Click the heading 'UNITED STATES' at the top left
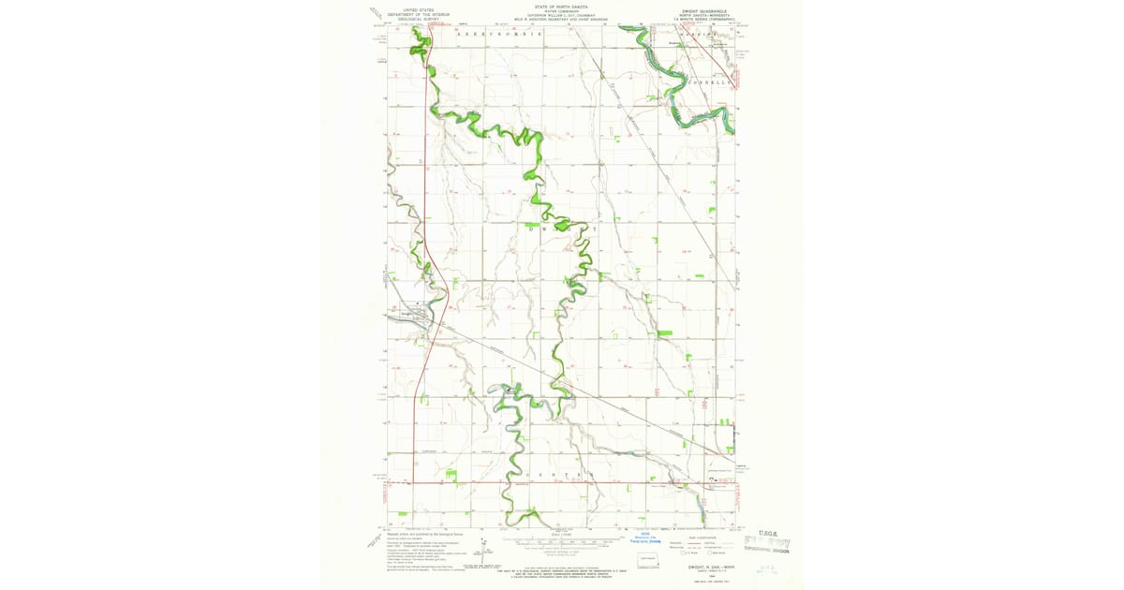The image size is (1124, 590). (x=419, y=9)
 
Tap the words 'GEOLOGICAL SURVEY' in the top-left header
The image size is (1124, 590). (x=419, y=19)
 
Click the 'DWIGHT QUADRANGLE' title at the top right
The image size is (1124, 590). (x=704, y=11)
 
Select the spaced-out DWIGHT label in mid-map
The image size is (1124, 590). (x=562, y=229)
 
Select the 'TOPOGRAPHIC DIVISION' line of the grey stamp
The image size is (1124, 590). (x=766, y=551)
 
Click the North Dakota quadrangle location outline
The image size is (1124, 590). (x=647, y=561)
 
